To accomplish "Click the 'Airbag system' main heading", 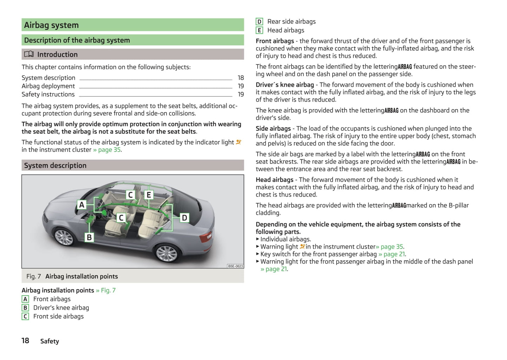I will click(x=51, y=25).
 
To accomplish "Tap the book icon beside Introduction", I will click(x=29, y=54).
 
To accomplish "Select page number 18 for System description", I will click(x=241, y=78).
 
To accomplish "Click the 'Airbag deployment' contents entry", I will click(x=48, y=86).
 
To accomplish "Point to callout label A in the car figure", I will click(x=82, y=205).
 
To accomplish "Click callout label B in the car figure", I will click(x=89, y=238).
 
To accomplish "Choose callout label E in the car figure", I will click(x=149, y=195).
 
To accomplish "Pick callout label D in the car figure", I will click(x=184, y=218).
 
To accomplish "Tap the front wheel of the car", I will click(x=64, y=237).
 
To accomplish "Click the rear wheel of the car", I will click(x=166, y=253).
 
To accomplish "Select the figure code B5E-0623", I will click(x=235, y=266).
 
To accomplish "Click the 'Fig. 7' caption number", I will click(x=33, y=276).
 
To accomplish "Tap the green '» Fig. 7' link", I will click(x=106, y=290).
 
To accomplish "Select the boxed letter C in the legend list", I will click(x=25, y=316).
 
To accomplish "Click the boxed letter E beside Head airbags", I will click(x=259, y=30).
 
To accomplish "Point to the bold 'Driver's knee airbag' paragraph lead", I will click(x=285, y=85).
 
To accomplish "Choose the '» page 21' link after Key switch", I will click(x=392, y=254).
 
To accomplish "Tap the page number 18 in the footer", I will click(x=25, y=341).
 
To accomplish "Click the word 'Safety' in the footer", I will click(x=49, y=341).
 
